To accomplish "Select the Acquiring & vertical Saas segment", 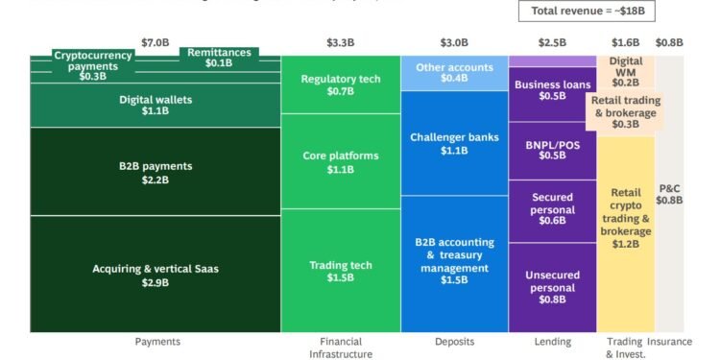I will coord(156,275).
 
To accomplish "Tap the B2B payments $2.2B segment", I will coord(156,172).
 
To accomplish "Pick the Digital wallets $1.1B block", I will coord(156,105).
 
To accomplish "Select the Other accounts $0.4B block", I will coord(454,73).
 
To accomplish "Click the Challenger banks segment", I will coord(454,143).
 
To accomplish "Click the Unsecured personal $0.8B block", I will coord(552,287).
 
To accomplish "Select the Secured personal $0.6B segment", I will coord(552,210).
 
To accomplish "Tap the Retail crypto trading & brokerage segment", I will coord(625,218).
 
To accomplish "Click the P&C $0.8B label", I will coord(669,194).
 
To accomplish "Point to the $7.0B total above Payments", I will coord(155,42).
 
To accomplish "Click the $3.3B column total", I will coord(340,42).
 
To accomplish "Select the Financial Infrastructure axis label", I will coord(340,348).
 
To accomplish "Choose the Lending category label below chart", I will coord(552,342).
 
